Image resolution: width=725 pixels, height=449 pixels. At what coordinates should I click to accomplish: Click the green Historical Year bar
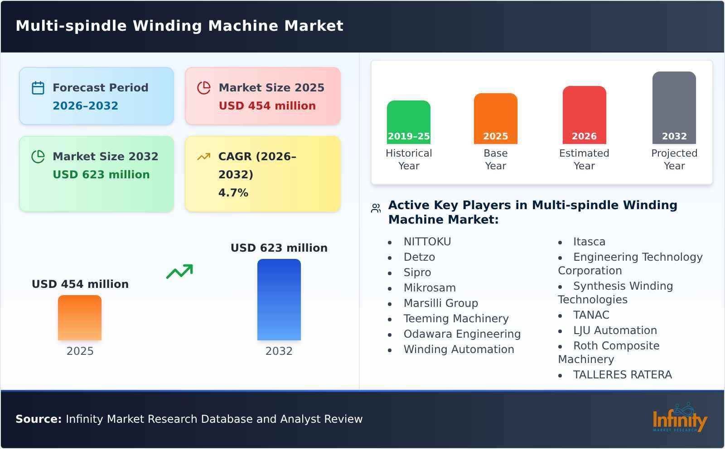pyautogui.click(x=408, y=122)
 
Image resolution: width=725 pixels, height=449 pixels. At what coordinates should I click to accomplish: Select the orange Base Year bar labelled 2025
pyautogui.click(x=495, y=118)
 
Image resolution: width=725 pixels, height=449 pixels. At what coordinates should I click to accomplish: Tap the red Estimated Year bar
pyautogui.click(x=584, y=115)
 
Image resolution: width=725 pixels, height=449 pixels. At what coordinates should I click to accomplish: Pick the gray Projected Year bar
pyautogui.click(x=674, y=107)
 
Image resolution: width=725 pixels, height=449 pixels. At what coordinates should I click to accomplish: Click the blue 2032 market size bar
pyautogui.click(x=279, y=299)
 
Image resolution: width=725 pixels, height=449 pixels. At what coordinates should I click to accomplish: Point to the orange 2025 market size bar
pyautogui.click(x=80, y=317)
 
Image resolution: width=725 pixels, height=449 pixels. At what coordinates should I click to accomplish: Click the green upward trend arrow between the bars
pyautogui.click(x=179, y=271)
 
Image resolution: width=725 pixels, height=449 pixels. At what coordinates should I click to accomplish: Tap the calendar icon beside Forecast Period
pyautogui.click(x=38, y=88)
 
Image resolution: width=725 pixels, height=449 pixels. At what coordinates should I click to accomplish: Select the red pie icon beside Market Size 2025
pyautogui.click(x=204, y=88)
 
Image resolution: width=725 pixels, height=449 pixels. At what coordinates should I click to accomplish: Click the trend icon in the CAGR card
pyautogui.click(x=203, y=157)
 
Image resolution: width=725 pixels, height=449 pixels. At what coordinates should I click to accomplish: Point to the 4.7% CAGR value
pyautogui.click(x=233, y=193)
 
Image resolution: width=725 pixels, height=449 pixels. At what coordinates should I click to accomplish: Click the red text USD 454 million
pyautogui.click(x=267, y=106)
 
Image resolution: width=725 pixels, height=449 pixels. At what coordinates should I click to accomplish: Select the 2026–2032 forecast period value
pyautogui.click(x=85, y=106)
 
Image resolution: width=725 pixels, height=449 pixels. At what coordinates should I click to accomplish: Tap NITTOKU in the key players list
pyautogui.click(x=427, y=242)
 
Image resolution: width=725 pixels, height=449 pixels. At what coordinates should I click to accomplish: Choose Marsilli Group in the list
pyautogui.click(x=440, y=303)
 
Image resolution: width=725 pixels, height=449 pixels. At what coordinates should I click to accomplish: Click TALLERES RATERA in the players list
pyautogui.click(x=622, y=375)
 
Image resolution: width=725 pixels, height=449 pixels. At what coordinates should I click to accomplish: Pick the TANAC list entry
pyautogui.click(x=591, y=315)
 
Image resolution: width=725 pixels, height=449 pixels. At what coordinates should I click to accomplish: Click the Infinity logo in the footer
pyautogui.click(x=679, y=418)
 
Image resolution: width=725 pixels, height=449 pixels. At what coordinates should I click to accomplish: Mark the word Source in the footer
pyautogui.click(x=38, y=419)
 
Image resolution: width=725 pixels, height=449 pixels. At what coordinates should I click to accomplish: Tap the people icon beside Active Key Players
pyautogui.click(x=376, y=208)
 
